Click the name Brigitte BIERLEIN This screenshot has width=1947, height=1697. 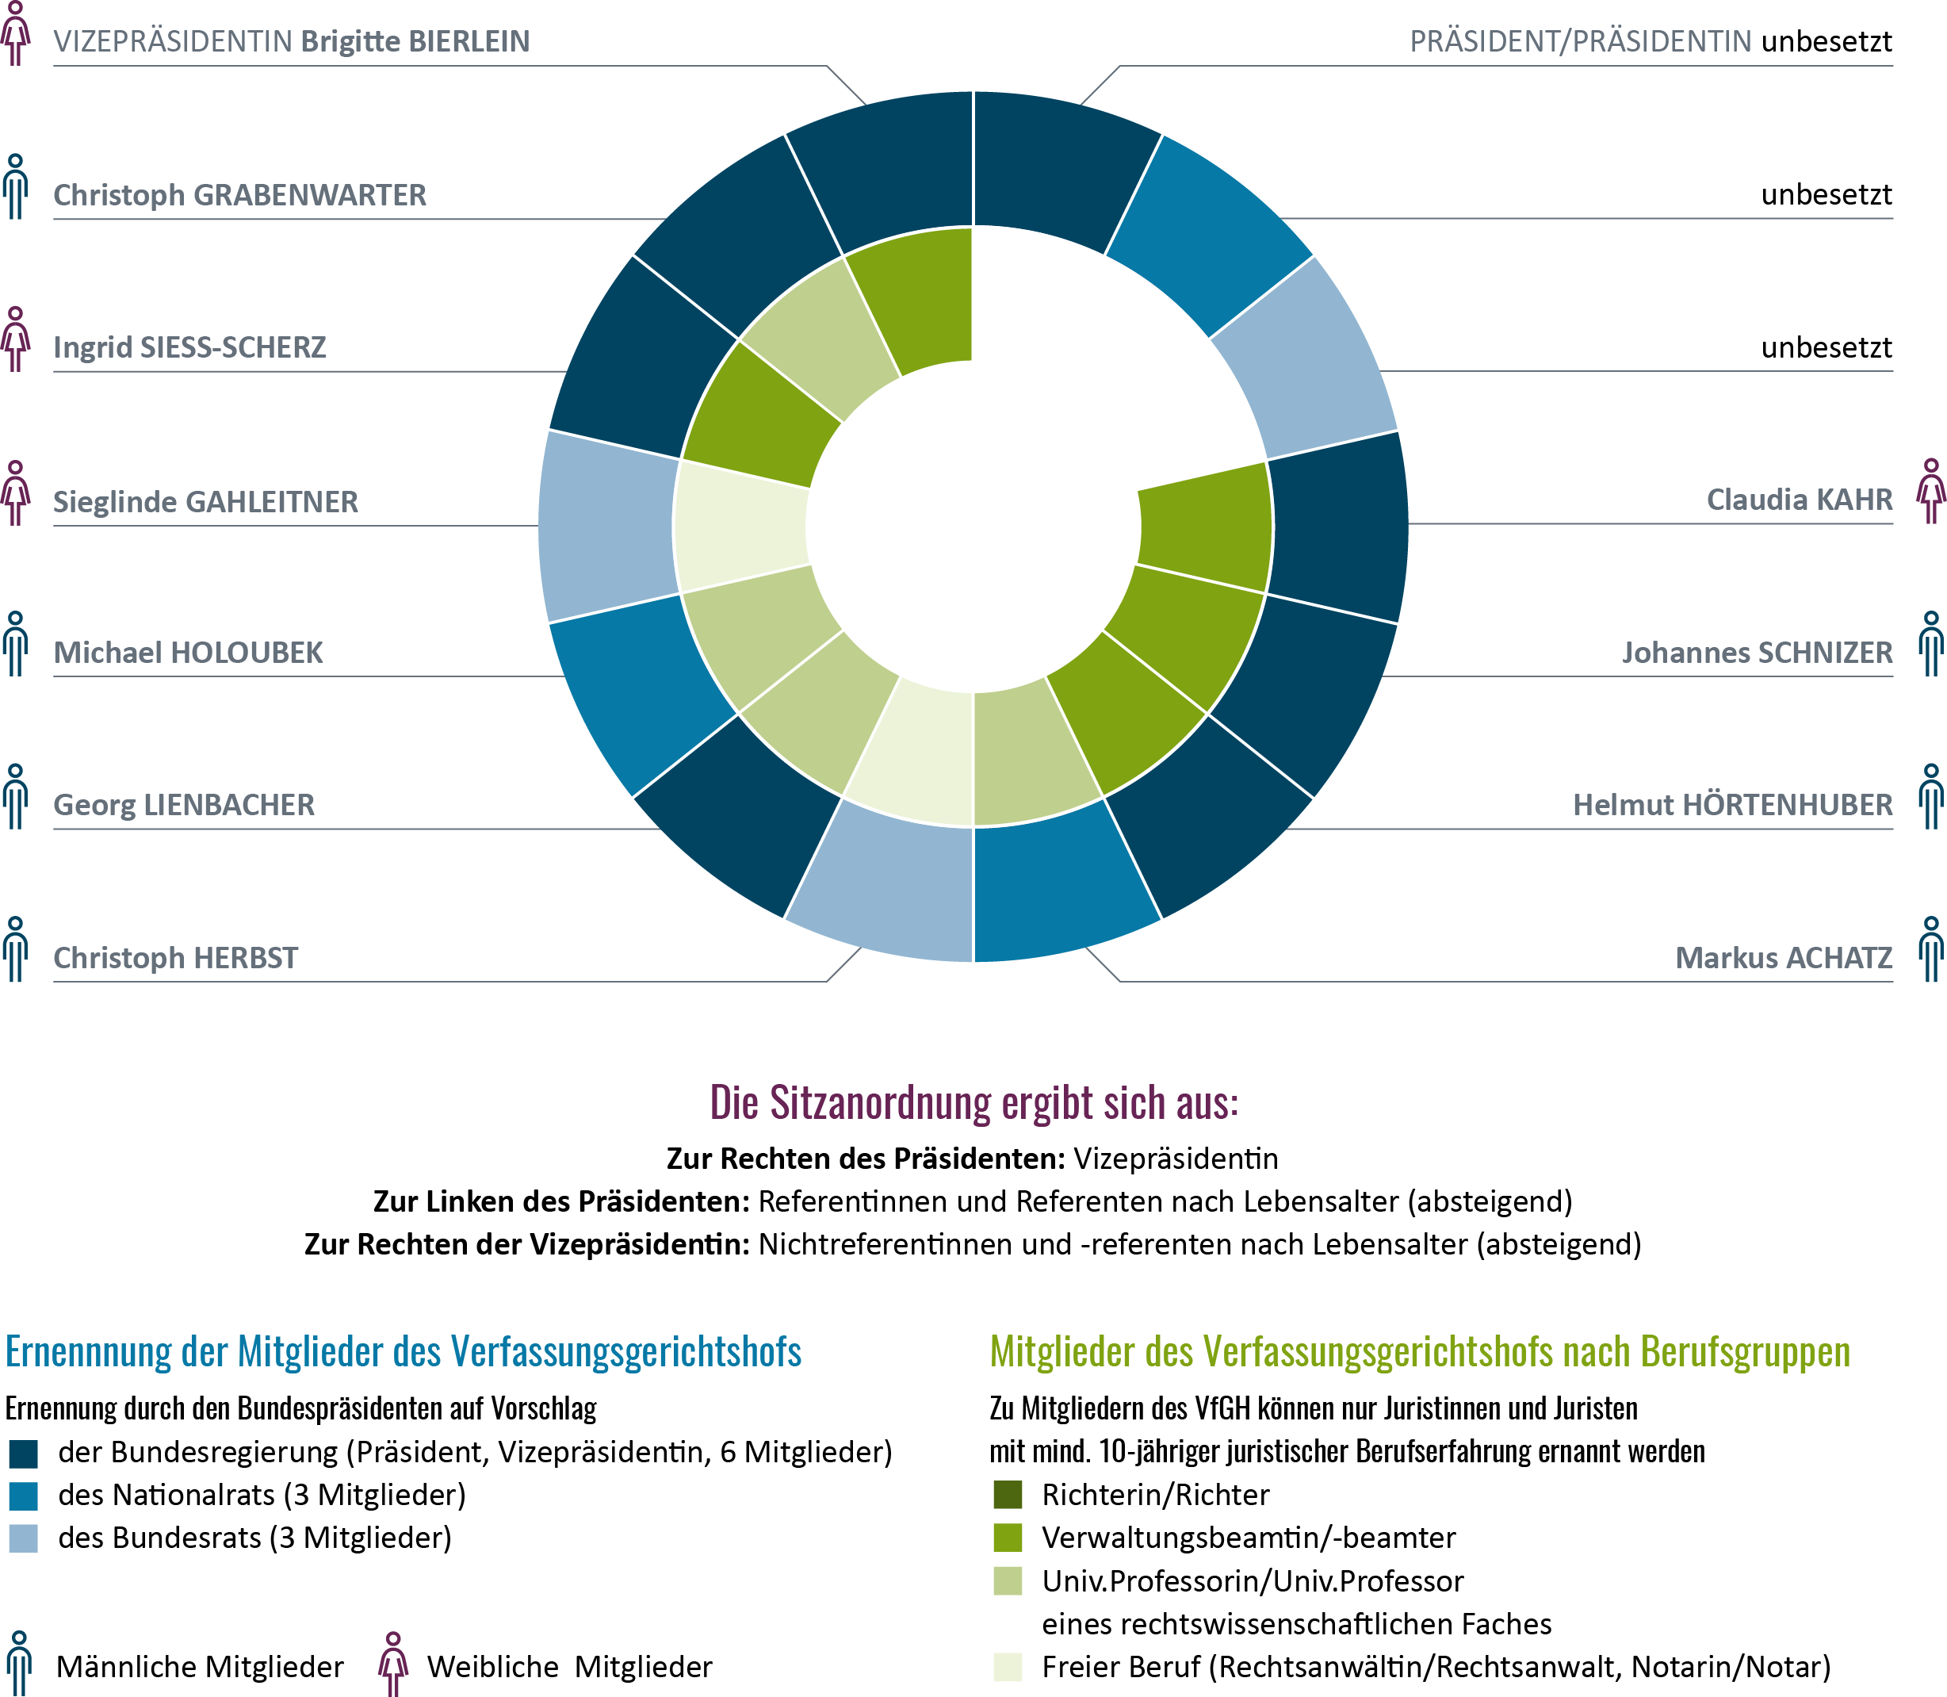[x=415, y=42]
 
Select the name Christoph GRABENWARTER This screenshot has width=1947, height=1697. [x=239, y=195]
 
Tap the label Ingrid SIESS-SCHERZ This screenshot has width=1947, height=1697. [x=189, y=347]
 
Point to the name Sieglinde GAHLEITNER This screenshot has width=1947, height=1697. [x=205, y=502]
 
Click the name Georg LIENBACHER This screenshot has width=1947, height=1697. [x=184, y=805]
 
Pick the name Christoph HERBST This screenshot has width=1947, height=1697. [x=175, y=957]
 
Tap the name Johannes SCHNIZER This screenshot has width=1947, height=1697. [x=1757, y=653]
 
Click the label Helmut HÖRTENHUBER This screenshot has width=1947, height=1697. [x=1732, y=805]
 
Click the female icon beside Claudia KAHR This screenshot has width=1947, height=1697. [x=1931, y=492]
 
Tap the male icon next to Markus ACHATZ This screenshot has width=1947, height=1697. [x=1931, y=949]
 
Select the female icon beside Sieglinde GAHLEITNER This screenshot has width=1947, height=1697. [x=15, y=493]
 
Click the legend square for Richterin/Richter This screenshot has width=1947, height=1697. [x=1007, y=1494]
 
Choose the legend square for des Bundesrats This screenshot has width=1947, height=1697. [x=24, y=1538]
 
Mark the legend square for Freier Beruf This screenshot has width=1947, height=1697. [x=1007, y=1667]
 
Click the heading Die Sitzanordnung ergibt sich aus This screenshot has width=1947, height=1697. [x=974, y=1102]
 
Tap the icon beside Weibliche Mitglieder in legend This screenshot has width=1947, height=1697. [x=392, y=1664]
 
